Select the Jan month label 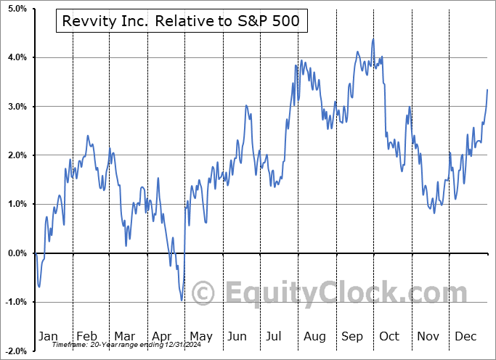[48, 336]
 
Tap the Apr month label [162, 336]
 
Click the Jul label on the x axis [275, 336]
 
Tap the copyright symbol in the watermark [204, 294]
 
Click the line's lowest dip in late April [182, 300]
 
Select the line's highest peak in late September [373, 39]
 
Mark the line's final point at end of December [487, 89]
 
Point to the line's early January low [39, 287]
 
